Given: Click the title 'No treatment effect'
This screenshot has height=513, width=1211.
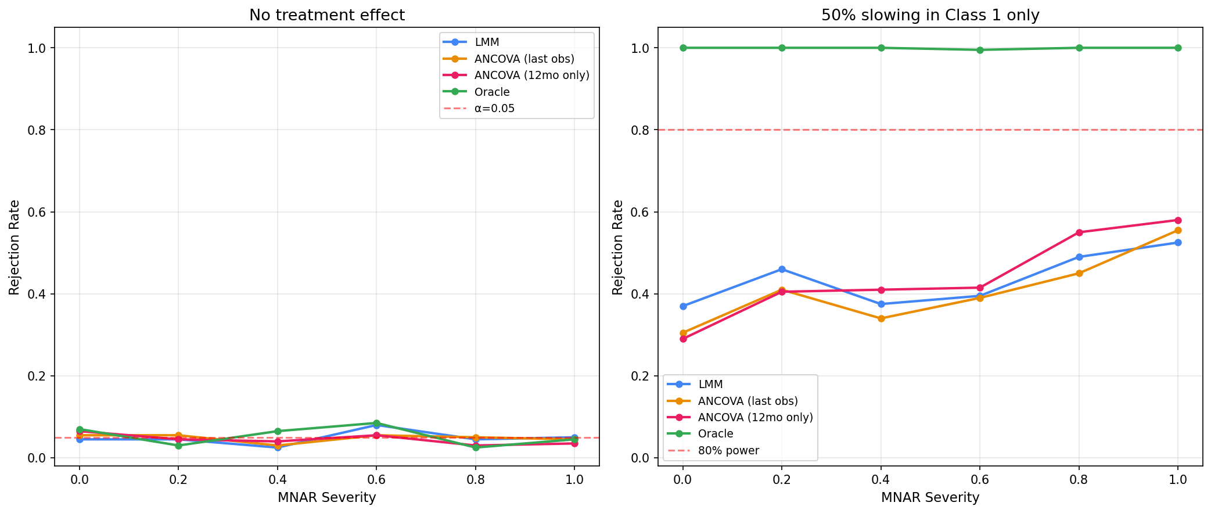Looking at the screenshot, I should (326, 15).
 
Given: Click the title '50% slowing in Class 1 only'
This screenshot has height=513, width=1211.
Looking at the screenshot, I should (930, 15).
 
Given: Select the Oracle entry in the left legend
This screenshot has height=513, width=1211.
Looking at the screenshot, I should (491, 92).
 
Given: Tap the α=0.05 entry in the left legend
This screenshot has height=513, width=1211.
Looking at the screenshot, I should (494, 109).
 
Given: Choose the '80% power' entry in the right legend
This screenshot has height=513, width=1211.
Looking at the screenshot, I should (728, 450).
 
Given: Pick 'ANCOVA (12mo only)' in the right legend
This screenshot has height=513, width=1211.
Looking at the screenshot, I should (755, 417).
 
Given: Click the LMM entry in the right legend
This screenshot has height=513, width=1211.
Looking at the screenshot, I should (710, 384).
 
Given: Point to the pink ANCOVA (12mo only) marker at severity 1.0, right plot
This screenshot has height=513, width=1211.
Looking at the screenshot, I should (1178, 220).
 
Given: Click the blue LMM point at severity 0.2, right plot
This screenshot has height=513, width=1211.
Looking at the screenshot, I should (782, 269).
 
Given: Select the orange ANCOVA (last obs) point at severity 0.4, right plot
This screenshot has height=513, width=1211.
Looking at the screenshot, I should (881, 318).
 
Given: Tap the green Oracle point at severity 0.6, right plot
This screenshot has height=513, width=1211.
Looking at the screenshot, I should (980, 50).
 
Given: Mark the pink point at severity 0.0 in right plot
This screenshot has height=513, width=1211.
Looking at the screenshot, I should (683, 339).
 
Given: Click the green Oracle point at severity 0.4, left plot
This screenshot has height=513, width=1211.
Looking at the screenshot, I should (278, 431).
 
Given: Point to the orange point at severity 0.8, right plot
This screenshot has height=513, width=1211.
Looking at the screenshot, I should (1079, 273).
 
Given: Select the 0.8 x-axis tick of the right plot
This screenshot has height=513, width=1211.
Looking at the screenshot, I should (1079, 480).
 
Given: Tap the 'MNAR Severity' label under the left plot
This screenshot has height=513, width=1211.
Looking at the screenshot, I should (326, 498).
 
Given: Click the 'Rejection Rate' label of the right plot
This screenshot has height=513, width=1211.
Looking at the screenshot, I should (618, 247).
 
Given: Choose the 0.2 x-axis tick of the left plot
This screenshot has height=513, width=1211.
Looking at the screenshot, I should (178, 480).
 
